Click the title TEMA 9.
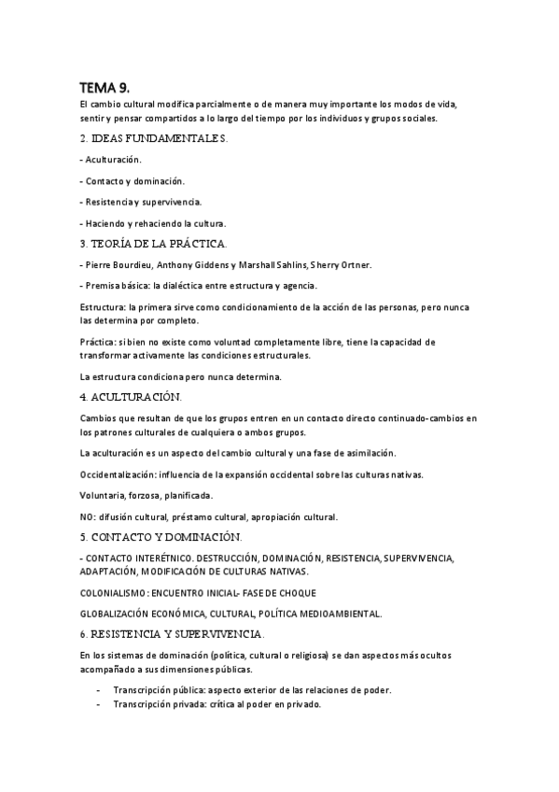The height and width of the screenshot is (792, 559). [104, 87]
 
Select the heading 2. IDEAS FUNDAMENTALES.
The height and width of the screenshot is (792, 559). [154, 139]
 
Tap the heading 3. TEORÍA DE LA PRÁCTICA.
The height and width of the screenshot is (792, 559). [154, 244]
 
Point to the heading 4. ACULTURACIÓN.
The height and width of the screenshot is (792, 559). [131, 397]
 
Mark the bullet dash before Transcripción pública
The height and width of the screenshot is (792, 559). [98, 690]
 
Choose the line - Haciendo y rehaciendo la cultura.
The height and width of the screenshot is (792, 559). [153, 223]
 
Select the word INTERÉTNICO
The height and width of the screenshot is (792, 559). [159, 559]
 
